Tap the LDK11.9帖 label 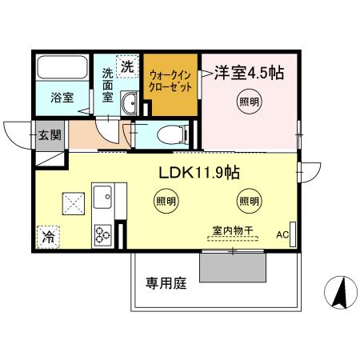[199, 172]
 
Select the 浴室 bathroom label [62, 98]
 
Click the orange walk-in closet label [170, 81]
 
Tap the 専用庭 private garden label [166, 283]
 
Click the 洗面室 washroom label [107, 86]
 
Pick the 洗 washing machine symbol [127, 67]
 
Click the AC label [282, 234]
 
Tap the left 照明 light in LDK [165, 201]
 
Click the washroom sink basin [130, 102]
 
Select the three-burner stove [103, 234]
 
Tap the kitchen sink [103, 196]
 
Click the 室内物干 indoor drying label [232, 230]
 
